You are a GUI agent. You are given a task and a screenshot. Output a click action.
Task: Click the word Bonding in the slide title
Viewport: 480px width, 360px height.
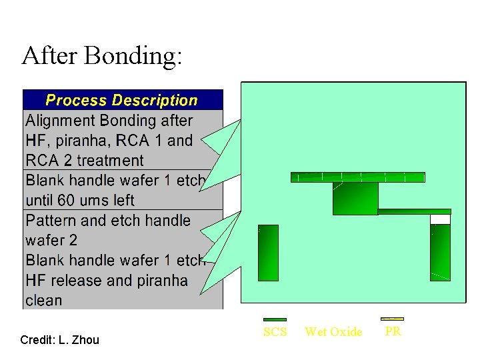coord(133,56)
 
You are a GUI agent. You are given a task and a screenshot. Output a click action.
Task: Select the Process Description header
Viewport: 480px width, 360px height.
coord(122,101)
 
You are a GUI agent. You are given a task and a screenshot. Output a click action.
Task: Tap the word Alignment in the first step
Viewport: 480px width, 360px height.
coord(60,121)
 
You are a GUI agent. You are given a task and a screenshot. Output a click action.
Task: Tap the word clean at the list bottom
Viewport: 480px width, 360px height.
coord(43,301)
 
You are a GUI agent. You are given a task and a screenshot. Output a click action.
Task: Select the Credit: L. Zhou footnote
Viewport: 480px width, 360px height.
coord(59,340)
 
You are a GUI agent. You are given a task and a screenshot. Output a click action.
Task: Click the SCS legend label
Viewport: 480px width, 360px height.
coord(275,332)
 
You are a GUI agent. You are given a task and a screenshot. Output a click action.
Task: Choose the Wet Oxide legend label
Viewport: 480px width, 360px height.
coord(333,332)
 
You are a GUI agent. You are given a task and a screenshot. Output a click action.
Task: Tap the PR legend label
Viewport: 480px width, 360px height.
coord(393,331)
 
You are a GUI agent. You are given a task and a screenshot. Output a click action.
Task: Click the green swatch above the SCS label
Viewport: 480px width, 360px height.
coord(275,320)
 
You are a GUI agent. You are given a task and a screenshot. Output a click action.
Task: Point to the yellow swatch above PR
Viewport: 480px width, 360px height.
coord(392,319)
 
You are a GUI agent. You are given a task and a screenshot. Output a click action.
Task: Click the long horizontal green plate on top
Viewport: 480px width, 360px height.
coord(357,177)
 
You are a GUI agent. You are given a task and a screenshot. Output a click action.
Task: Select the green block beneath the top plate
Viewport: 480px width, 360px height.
coord(355,198)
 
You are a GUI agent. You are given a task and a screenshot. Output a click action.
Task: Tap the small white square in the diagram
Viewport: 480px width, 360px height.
coord(440,219)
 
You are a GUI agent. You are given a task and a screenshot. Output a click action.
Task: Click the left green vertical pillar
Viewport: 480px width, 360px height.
coord(268,253)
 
